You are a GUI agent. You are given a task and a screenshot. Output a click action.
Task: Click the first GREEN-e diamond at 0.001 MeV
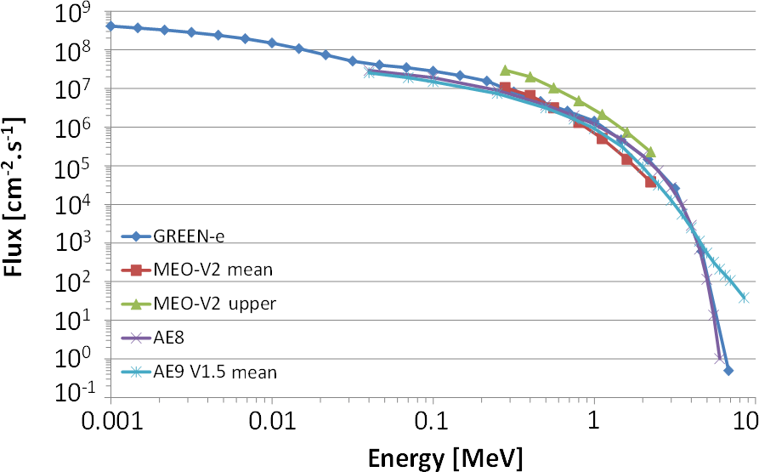point(110,26)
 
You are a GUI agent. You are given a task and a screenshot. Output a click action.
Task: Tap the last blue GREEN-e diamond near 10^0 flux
point(728,370)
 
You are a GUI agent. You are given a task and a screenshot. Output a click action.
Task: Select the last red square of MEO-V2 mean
point(650,182)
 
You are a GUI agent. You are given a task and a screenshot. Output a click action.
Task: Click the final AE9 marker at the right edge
point(744,298)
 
